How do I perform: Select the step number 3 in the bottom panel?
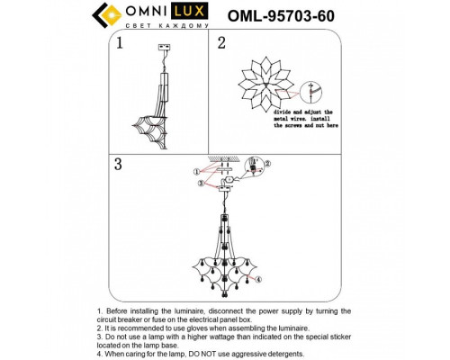pyautogui.click(x=117, y=164)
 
